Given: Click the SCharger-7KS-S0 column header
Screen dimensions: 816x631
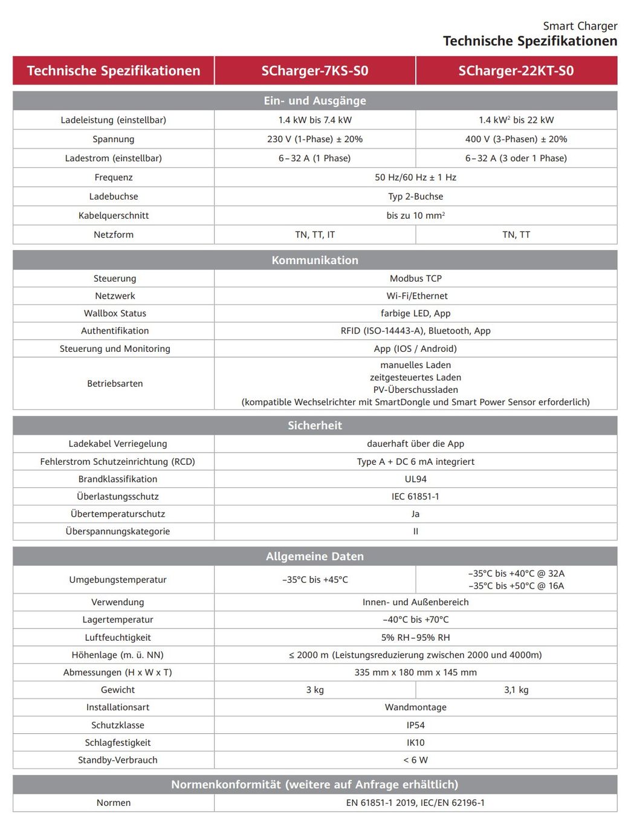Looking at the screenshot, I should (x=314, y=71).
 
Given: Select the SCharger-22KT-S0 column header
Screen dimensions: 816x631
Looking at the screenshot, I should (x=516, y=71).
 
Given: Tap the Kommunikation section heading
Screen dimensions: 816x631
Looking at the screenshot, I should (x=314, y=260).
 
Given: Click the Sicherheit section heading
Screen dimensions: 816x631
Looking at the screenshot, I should (x=314, y=426).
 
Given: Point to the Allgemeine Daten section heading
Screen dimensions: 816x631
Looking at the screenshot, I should (x=314, y=556).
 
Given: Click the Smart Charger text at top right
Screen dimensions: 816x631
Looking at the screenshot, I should (x=580, y=26).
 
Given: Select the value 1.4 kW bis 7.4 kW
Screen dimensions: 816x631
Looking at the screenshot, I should (x=314, y=120).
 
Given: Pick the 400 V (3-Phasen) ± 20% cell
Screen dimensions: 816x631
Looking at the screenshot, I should (x=516, y=139).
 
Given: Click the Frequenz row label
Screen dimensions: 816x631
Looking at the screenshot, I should (x=114, y=177).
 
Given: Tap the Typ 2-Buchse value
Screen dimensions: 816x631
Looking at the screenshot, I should (x=415, y=196).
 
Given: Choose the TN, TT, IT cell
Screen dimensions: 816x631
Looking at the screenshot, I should (x=314, y=235).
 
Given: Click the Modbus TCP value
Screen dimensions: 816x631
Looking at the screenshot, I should (x=415, y=279).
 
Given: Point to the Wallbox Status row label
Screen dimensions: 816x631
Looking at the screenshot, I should (x=115, y=313).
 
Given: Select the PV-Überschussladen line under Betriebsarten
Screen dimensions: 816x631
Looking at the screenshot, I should (x=415, y=390).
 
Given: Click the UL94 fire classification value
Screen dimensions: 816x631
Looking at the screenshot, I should (x=415, y=479).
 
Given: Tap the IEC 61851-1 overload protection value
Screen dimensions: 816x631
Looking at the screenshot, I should (x=415, y=496).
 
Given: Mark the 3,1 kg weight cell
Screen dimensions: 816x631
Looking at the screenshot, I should (x=516, y=690).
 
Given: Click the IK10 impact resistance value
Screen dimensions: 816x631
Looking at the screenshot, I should (x=415, y=742).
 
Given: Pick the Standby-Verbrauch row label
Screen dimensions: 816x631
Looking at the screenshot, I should (x=117, y=760).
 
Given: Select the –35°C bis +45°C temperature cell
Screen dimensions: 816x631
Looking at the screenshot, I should (x=314, y=580).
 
